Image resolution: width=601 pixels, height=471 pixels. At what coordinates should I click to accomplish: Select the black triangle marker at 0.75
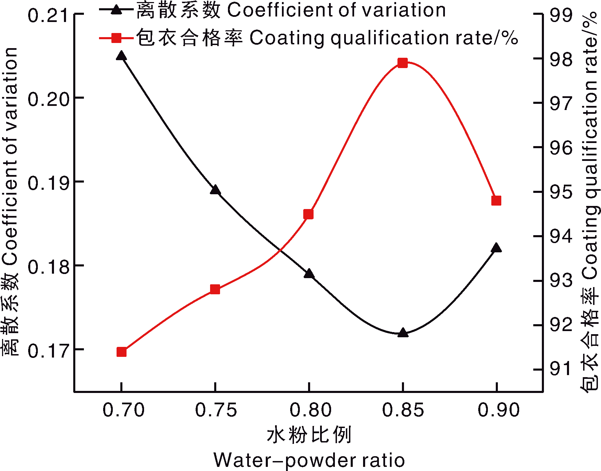point(215,190)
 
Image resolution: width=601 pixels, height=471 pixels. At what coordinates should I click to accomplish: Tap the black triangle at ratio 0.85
point(403,333)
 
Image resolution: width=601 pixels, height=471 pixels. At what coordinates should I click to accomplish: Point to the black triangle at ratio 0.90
point(496,248)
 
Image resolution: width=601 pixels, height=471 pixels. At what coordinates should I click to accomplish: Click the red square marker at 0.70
point(122,352)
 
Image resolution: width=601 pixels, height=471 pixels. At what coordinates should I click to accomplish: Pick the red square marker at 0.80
point(309,215)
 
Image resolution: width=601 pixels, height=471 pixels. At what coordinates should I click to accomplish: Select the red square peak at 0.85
point(403,63)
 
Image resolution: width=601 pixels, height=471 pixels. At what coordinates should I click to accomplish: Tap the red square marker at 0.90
point(496,201)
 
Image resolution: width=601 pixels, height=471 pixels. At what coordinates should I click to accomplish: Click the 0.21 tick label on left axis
point(48,16)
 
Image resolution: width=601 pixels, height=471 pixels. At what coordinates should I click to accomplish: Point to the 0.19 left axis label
point(48,183)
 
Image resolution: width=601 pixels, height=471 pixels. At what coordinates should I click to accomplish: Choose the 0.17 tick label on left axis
point(48,351)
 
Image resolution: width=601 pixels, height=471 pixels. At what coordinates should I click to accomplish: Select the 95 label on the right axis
point(561,192)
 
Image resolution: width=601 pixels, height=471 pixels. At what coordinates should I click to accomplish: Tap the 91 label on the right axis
point(561,369)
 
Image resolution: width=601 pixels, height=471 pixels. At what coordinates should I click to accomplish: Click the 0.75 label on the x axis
point(216,410)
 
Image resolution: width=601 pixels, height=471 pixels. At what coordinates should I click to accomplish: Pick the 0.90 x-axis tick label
point(499,410)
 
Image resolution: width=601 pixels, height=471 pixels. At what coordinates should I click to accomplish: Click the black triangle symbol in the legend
point(117,9)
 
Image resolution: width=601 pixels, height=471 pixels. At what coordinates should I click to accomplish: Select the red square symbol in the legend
point(117,38)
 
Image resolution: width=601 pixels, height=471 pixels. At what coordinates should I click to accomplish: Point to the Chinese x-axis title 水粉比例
point(309,435)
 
